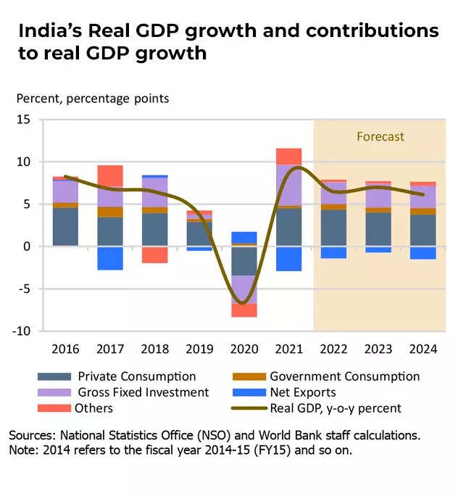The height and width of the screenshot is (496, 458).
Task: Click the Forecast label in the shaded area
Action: pyautogui.click(x=380, y=136)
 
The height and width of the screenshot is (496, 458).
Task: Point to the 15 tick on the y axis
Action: pyautogui.click(x=25, y=120)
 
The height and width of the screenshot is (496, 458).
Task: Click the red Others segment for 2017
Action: pyautogui.click(x=110, y=176)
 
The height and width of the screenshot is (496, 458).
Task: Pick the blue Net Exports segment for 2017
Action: pyautogui.click(x=110, y=258)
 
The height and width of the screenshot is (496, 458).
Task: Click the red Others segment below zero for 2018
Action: pyautogui.click(x=155, y=255)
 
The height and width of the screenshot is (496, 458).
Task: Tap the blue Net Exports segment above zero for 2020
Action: pyautogui.click(x=243, y=237)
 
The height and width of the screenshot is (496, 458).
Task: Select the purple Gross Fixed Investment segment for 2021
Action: pyautogui.click(x=288, y=185)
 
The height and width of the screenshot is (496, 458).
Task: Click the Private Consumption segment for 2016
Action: pyautogui.click(x=65, y=226)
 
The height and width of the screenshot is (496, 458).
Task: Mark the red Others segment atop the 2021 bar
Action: pyautogui.click(x=288, y=156)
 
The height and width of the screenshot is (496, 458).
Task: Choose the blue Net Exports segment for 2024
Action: pyautogui.click(x=423, y=253)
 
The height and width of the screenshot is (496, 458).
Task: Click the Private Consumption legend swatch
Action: pyautogui.click(x=54, y=376)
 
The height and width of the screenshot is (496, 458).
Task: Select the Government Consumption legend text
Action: pyautogui.click(x=344, y=376)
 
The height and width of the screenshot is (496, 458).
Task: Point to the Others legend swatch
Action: pyautogui.click(x=54, y=408)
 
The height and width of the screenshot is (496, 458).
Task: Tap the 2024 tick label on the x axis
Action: pyautogui.click(x=423, y=349)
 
